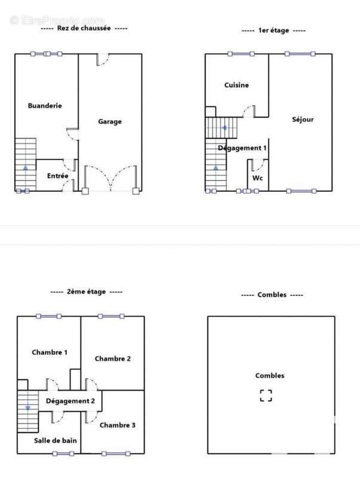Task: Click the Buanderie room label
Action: pos(45,106)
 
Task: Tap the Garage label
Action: pos(110,122)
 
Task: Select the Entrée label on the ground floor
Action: pos(57,176)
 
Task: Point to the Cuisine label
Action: pos(236,85)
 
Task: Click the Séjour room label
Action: pos(303,119)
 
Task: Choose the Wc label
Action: pos(258,178)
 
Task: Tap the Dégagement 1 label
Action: pos(242,148)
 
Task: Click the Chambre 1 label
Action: pos(50,353)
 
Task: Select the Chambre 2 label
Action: pos(112,359)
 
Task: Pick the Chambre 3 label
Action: pos(117,425)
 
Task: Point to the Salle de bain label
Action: pos(55,440)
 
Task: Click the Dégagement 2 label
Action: pos(70,401)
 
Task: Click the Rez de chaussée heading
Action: pos(84,28)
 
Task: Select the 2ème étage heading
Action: pos(86,292)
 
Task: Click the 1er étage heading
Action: pos(274,30)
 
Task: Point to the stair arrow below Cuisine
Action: pos(224,128)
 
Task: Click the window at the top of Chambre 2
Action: pos(111,317)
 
